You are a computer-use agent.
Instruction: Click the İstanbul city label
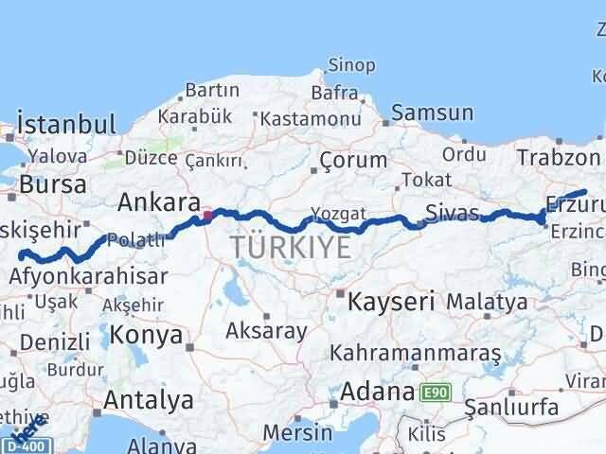tap(65, 124)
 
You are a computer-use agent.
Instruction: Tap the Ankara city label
tap(158, 201)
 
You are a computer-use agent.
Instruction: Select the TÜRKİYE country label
tap(290, 248)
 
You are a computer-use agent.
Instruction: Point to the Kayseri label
tap(391, 303)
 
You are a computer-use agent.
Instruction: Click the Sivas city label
tap(452, 210)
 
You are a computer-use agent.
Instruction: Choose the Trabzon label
tap(559, 159)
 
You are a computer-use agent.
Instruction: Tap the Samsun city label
tap(432, 113)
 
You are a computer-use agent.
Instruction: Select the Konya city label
tap(146, 334)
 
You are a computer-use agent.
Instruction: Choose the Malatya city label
tap(487, 303)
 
